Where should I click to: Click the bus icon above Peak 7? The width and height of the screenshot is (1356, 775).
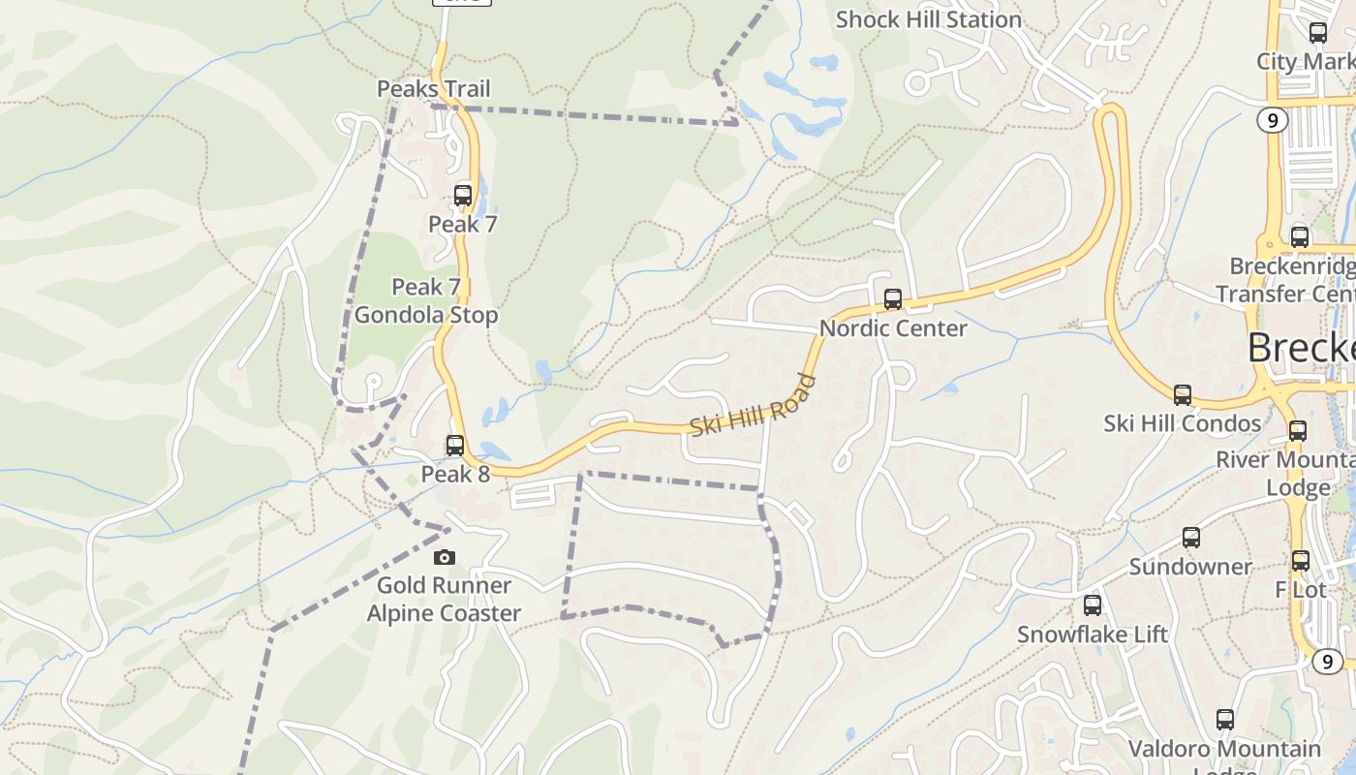point(463,195)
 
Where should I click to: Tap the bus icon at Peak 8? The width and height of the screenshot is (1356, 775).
point(455,446)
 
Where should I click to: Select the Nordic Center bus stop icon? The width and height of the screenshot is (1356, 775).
point(893,299)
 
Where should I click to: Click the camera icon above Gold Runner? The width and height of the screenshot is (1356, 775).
point(445,557)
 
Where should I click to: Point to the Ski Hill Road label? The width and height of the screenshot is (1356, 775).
point(753,406)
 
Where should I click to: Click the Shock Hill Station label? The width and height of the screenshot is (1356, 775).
point(928,19)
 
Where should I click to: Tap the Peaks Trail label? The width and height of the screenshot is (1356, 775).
point(433,89)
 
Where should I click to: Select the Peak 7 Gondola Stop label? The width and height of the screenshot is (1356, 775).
point(426,301)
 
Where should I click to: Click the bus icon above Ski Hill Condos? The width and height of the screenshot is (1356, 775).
point(1183,395)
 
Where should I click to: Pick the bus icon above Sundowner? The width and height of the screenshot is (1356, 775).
point(1191,538)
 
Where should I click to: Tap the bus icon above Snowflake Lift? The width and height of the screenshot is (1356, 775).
point(1093,605)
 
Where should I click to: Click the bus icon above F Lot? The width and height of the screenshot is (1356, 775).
point(1301,561)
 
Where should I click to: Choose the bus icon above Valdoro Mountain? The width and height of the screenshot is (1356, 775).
point(1225,720)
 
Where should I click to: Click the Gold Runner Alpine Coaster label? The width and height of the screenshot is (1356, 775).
point(444,600)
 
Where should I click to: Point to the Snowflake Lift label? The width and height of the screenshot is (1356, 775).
point(1093,635)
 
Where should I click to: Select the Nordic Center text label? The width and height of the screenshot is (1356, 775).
point(893,328)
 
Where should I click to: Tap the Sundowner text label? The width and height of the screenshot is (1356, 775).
point(1190,567)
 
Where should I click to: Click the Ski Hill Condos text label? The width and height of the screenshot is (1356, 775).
point(1183,423)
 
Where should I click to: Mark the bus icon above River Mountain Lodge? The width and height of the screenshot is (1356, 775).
point(1298,431)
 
